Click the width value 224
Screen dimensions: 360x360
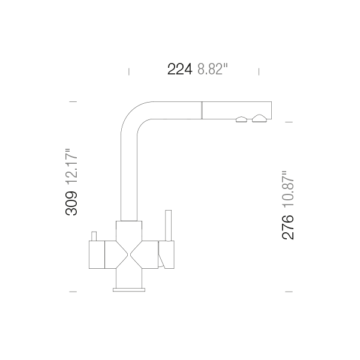point(179,70)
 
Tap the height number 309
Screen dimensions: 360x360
point(71,203)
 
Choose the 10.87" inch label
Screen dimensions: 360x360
point(288,189)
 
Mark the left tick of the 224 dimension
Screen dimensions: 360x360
point(129,71)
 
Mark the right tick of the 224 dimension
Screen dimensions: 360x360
point(259,71)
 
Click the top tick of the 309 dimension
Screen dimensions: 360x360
point(73,101)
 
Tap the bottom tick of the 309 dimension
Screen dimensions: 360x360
point(73,292)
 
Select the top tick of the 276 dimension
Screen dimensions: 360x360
point(289,122)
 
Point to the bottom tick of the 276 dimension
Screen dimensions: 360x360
point(289,292)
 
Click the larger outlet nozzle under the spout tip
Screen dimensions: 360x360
point(260,118)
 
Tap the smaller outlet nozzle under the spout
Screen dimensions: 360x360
point(241,119)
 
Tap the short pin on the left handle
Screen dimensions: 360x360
point(93,235)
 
